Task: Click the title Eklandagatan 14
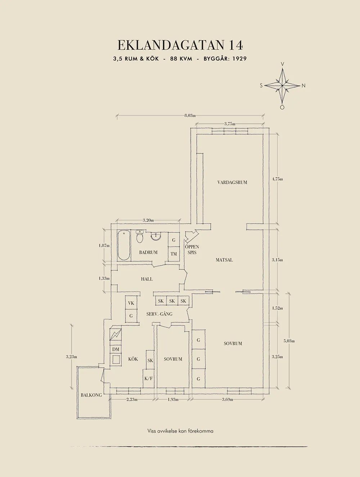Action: click(180, 45)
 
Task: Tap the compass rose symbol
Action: click(283, 86)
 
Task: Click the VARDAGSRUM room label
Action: click(232, 182)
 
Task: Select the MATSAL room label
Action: click(224, 260)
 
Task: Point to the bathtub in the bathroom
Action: click(123, 246)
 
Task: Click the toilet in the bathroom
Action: click(140, 238)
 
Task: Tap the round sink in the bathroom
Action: click(156, 237)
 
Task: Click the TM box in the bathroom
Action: click(174, 254)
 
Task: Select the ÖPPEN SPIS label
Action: click(192, 250)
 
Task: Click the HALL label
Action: click(147, 279)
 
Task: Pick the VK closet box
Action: click(131, 303)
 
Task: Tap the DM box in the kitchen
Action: click(116, 349)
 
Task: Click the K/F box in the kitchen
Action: click(148, 378)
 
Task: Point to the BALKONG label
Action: click(91, 395)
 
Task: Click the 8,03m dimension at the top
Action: click(190, 115)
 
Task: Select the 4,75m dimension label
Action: click(277, 179)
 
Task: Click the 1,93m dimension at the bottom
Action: click(173, 399)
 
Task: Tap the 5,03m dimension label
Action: click(289, 341)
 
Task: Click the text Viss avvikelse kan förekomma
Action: click(180, 431)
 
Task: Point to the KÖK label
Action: click(133, 359)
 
